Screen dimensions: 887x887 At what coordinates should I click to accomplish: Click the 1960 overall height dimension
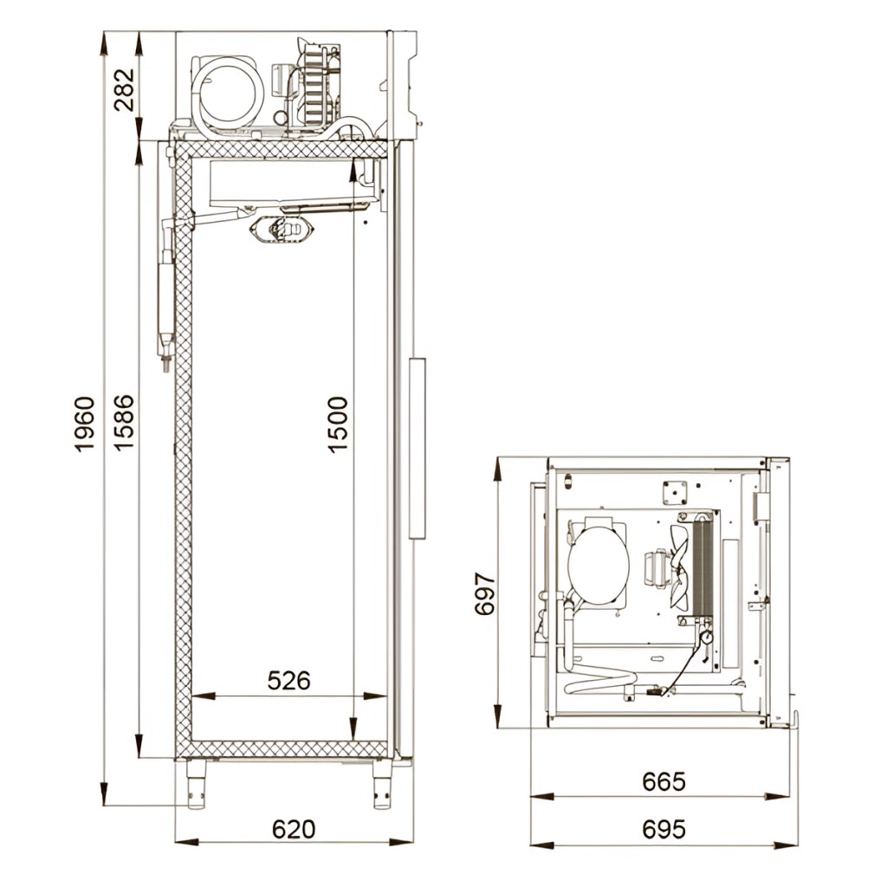[x=84, y=424]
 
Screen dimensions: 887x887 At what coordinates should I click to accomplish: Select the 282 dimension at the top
[x=124, y=89]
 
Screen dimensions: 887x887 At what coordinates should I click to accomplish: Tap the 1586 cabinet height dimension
[x=124, y=423]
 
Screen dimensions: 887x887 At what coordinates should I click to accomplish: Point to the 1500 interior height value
[x=338, y=424]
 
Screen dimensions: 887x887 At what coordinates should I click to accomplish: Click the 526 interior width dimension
[x=288, y=681]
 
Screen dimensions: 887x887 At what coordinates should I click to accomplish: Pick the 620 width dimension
[x=294, y=829]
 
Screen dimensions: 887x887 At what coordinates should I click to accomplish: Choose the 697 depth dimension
[x=485, y=594]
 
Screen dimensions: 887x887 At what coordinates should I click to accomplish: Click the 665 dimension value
[x=664, y=782]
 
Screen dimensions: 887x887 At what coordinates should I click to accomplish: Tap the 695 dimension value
[x=664, y=829]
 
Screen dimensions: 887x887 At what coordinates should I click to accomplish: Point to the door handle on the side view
[x=417, y=448]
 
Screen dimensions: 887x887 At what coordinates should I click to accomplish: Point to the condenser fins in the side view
[x=313, y=85]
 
